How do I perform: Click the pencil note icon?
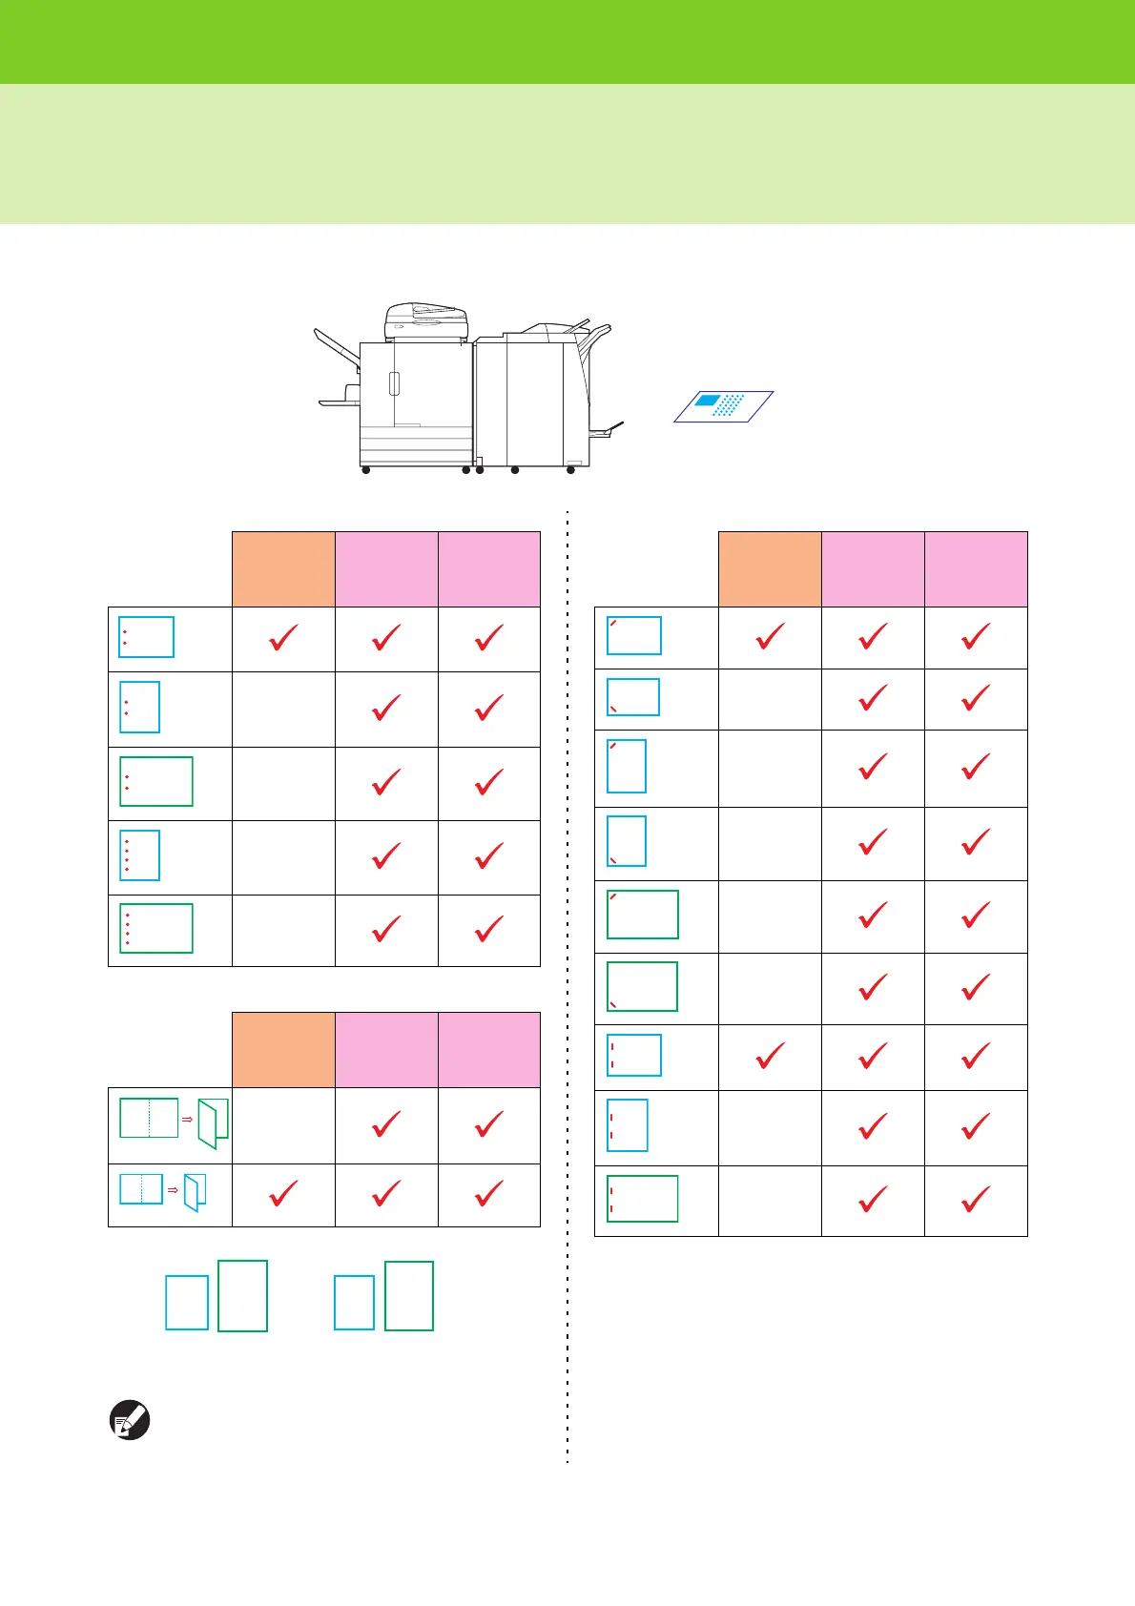point(131,1420)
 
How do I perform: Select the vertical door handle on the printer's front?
point(394,383)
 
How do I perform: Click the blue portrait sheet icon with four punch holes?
point(139,855)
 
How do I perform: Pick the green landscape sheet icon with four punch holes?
point(156,928)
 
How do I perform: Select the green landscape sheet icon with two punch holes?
point(156,781)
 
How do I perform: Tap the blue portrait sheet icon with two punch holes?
point(139,706)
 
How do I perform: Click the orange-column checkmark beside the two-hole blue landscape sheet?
point(283,637)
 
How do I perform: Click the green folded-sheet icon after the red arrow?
point(214,1123)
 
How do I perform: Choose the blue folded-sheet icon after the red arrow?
point(196,1192)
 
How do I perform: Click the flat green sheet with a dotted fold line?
point(149,1118)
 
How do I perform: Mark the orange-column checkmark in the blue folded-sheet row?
point(283,1192)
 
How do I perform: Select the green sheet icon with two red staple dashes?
point(643,1199)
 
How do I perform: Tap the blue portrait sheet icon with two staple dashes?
point(628,1125)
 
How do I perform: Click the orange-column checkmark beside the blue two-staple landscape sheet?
point(770,1056)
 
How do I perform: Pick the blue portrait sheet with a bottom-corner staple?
point(627,840)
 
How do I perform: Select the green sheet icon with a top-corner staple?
point(643,915)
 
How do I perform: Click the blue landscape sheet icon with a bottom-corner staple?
point(633,697)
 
